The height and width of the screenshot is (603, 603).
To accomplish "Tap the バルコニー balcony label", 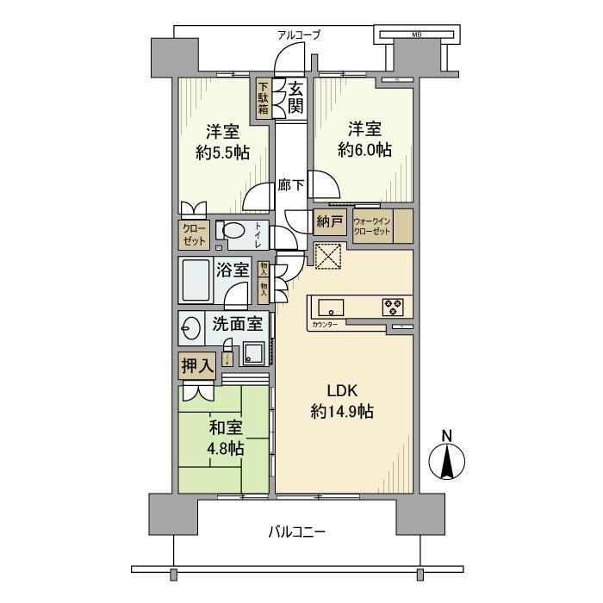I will (x=295, y=532).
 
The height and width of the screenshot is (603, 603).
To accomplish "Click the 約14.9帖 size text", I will (x=342, y=413).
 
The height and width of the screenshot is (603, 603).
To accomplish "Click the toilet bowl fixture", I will (x=230, y=232).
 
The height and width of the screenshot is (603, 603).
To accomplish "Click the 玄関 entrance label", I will (x=295, y=97).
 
